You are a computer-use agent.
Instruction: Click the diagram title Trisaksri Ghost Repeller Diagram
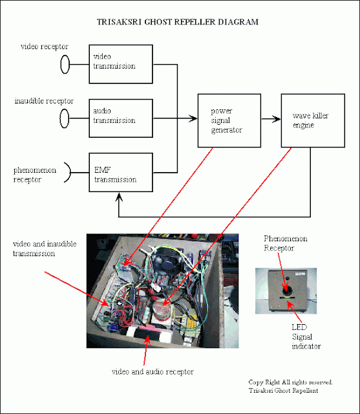point(178,22)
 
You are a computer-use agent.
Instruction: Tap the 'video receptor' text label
point(45,47)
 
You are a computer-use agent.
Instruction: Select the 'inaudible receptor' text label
point(44,101)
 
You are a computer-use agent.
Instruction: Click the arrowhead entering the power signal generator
point(193,118)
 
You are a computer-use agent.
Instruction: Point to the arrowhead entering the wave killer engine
point(276,119)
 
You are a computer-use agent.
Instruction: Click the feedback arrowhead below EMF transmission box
point(119,197)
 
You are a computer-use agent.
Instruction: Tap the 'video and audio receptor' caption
point(153,372)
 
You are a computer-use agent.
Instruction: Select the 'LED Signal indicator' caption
point(306,336)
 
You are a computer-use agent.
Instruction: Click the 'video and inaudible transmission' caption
point(45,248)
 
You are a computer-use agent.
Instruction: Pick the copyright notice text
point(291,386)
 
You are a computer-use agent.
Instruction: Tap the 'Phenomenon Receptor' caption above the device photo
point(286,243)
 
